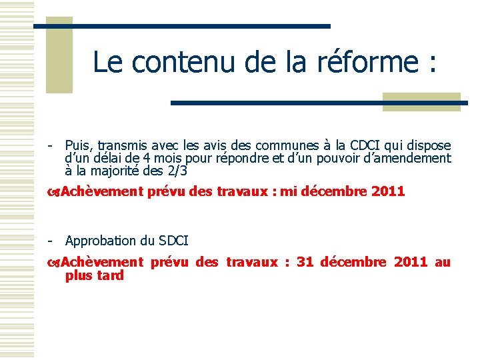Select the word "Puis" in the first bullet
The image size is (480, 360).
[x=79, y=145]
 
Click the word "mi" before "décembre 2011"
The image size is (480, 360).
[x=288, y=192]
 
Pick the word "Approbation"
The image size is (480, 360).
[x=101, y=241]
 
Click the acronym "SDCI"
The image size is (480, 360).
[x=173, y=241]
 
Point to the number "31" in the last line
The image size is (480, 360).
[x=305, y=262]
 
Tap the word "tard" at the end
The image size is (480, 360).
[x=110, y=275]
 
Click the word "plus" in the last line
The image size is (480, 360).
[x=79, y=275]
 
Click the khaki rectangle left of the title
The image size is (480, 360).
[x=59, y=55]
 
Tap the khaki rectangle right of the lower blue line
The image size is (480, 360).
[x=421, y=101]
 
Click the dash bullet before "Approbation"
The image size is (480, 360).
[x=50, y=241]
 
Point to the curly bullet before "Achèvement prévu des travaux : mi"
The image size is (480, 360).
[x=54, y=193]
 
